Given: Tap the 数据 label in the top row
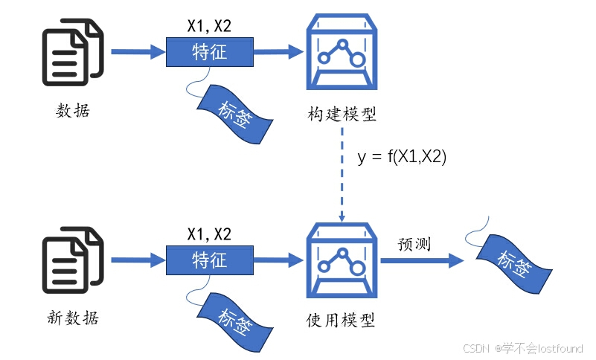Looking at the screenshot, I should tap(73, 111).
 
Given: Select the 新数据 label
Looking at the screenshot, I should tap(73, 318).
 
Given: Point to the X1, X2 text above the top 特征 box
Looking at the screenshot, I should tap(209, 26).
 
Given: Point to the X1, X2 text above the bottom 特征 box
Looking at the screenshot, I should tap(209, 234).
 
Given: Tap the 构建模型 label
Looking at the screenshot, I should tap(342, 115).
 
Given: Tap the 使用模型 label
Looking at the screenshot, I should tap(342, 321).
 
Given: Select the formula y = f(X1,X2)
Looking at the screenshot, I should tap(402, 157).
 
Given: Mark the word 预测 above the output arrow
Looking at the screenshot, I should tap(414, 243).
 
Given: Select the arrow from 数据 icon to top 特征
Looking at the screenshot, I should tap(138, 52).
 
